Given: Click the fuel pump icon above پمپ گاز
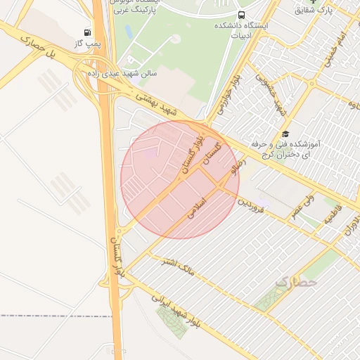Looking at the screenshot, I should pos(87,32).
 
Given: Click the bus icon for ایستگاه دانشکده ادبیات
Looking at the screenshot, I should pos(242,15).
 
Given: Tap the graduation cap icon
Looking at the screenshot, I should pos(285,134).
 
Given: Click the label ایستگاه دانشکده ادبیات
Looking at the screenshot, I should pos(250,26).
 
